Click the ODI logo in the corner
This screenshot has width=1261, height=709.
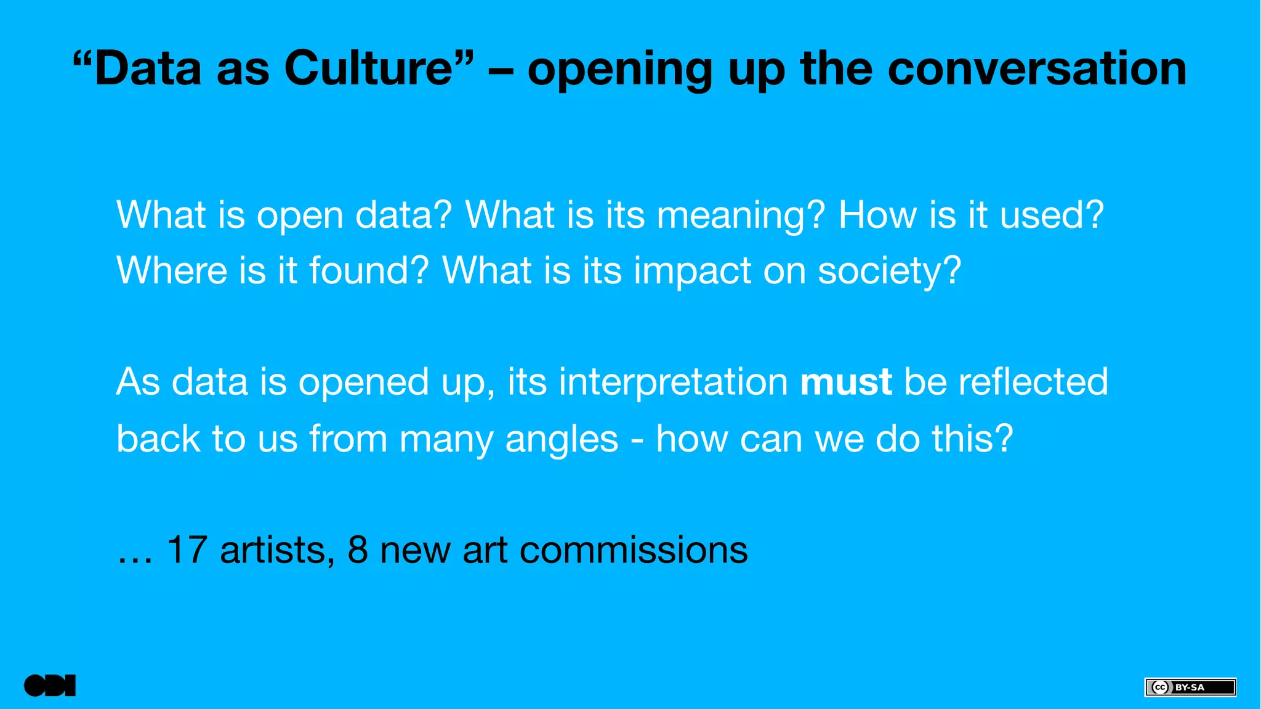click(x=50, y=686)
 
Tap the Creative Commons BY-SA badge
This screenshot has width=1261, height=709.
click(x=1190, y=687)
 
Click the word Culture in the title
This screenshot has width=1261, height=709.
click(x=368, y=68)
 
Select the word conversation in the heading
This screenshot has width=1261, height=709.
click(x=1037, y=68)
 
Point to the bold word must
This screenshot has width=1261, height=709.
click(x=845, y=382)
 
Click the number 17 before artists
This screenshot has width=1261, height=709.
click(x=187, y=549)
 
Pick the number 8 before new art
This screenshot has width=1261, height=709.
click(x=358, y=549)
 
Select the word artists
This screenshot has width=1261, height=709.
click(x=272, y=549)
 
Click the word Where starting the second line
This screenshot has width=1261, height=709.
click(x=172, y=271)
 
